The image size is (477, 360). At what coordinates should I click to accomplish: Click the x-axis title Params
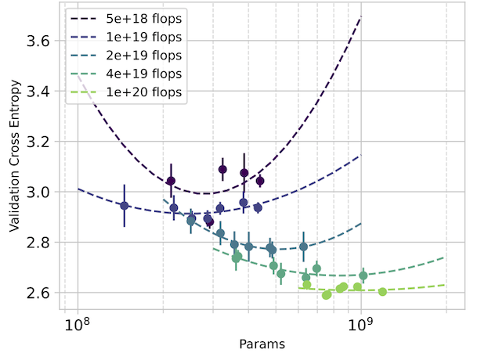[262, 344]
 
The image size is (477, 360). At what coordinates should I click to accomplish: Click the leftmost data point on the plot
[124, 206]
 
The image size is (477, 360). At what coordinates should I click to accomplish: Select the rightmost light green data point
[382, 292]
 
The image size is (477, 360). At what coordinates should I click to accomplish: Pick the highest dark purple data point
[222, 169]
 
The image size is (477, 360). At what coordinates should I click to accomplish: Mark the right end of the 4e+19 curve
[446, 257]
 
